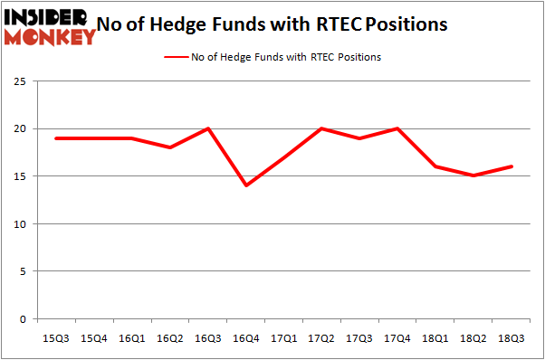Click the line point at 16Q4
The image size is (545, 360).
[x=245, y=185]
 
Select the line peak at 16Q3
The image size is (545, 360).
[x=207, y=128]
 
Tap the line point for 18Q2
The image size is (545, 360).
[x=474, y=175]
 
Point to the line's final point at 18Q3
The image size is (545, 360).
[x=512, y=166]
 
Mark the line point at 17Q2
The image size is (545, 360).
[x=321, y=128]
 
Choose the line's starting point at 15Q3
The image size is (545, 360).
[x=55, y=138]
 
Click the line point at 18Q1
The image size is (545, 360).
[x=436, y=166]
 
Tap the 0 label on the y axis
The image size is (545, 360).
[x=23, y=318]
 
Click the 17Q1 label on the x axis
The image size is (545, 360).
[x=283, y=338]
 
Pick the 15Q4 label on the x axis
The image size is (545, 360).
[x=93, y=338]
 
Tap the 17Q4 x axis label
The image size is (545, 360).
[x=397, y=338]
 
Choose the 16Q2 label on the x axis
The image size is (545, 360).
[x=169, y=338]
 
